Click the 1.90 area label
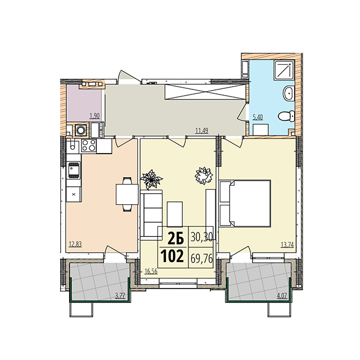94,116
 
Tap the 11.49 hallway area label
201,131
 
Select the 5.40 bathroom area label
258,118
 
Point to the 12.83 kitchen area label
75,244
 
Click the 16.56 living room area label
151,271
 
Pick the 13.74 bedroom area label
287,245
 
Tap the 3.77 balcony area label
120,296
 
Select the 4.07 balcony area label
282,296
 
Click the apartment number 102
172,256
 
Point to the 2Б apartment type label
176,238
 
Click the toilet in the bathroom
286,116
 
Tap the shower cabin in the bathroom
284,70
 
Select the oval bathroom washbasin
288,93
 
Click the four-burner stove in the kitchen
89,145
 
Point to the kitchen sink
73,170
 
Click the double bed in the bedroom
245,204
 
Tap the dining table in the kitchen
127,194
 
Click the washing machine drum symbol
81,130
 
